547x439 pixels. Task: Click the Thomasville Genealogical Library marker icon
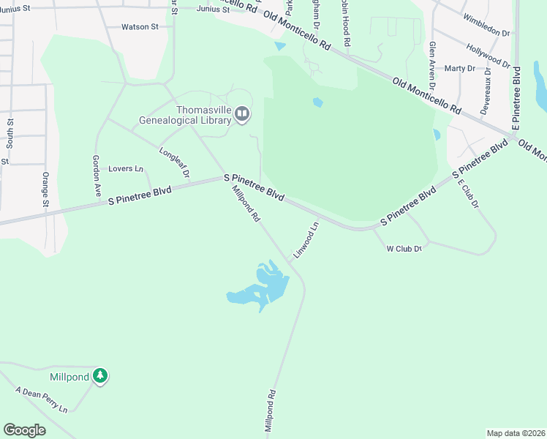242,114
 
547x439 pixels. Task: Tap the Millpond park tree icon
100,377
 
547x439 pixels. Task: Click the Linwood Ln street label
307,239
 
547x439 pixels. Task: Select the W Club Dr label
404,249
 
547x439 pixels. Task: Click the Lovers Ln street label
126,169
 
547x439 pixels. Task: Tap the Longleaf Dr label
174,162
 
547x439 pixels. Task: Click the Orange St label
45,189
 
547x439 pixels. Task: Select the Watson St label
140,27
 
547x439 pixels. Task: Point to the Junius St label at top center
213,10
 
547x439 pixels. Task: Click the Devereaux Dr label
486,94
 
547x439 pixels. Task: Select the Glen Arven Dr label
432,65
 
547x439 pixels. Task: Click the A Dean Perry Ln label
41,399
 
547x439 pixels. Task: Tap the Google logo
24,430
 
